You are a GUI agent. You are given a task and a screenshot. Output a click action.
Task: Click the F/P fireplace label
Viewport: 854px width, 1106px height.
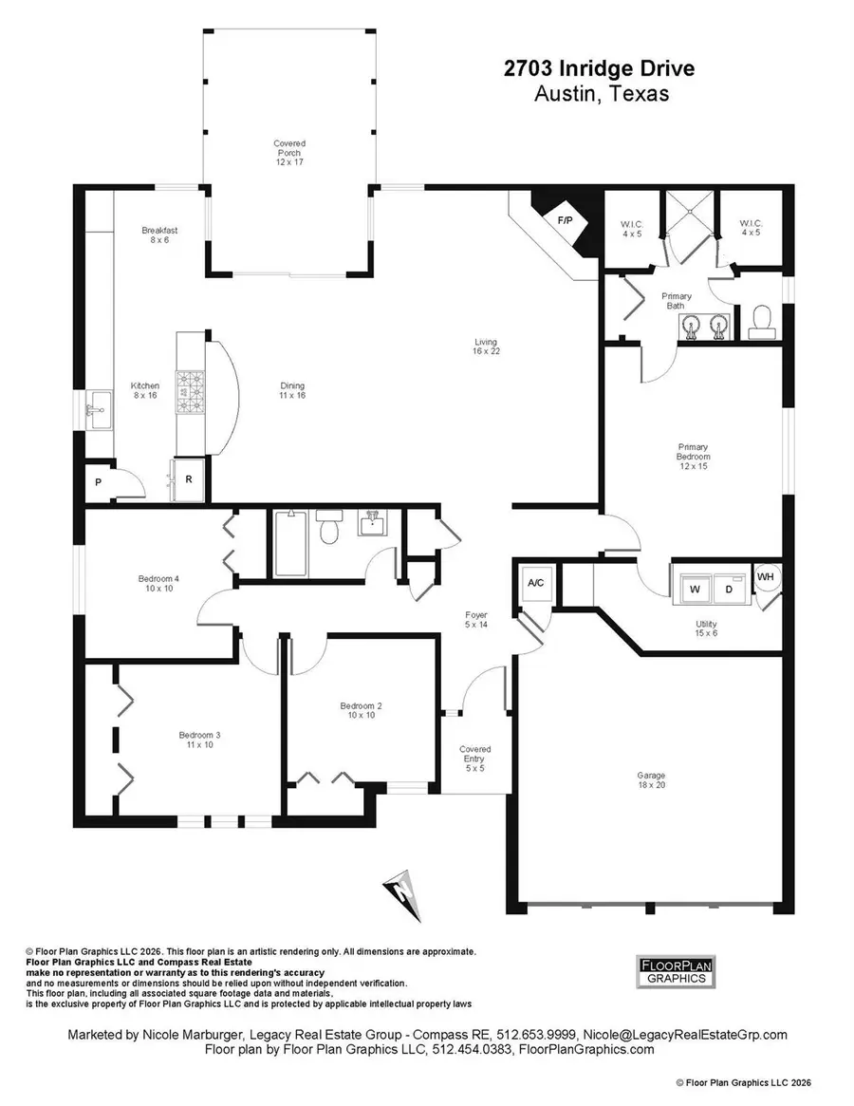tap(565, 220)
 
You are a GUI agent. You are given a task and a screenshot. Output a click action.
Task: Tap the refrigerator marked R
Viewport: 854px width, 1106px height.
tap(188, 478)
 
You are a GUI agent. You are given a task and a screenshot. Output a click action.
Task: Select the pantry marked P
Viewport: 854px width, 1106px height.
tap(98, 481)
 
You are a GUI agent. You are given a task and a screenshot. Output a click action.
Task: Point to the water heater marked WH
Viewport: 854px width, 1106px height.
tap(765, 575)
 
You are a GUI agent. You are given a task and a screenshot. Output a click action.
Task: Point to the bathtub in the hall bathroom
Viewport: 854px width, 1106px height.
tap(287, 543)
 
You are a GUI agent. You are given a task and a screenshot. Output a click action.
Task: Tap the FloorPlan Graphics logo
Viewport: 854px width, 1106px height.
tap(674, 971)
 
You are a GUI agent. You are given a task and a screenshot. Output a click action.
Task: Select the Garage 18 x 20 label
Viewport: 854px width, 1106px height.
tap(651, 780)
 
